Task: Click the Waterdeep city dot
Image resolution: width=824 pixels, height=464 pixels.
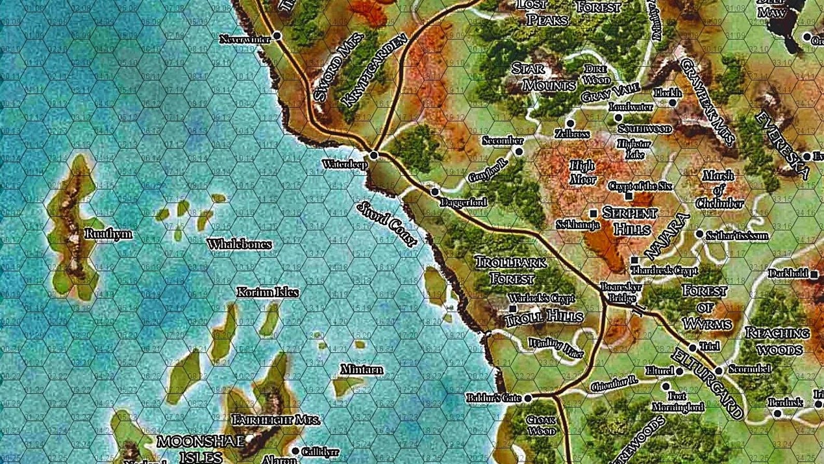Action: point(374,155)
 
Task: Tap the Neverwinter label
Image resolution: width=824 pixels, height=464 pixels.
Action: point(245,39)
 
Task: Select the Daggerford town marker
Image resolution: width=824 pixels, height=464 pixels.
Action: point(435,192)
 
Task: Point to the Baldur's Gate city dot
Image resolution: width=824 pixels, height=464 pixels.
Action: point(528,398)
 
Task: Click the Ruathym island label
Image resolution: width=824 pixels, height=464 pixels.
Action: point(108,234)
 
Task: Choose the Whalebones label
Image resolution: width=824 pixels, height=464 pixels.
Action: point(239,244)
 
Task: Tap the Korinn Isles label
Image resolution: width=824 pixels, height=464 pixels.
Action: point(268,292)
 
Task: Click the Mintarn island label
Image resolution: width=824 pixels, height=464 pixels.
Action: point(362,370)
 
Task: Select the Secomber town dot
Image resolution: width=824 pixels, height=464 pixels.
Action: point(519,151)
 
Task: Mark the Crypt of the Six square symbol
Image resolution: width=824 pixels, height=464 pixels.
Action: point(629,196)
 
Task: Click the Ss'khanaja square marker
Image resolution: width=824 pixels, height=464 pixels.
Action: point(593,214)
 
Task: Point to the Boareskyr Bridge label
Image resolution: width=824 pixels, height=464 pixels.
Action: point(621,292)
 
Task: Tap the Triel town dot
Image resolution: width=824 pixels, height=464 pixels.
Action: point(692,348)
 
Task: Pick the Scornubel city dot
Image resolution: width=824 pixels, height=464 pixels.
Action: point(719,371)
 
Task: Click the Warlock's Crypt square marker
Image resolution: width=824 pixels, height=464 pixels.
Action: point(513,308)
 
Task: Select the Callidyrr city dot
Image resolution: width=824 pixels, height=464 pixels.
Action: point(295,452)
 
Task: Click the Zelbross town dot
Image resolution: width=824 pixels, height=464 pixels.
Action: point(570,123)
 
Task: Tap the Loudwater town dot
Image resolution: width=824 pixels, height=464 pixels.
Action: point(618,118)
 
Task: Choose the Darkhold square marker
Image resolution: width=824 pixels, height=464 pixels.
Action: point(814,274)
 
